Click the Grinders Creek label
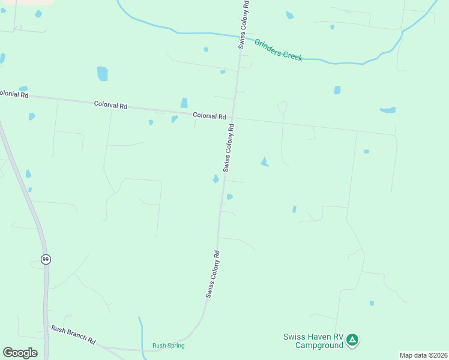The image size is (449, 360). pyautogui.click(x=278, y=50)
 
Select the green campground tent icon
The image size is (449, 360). pyautogui.click(x=353, y=340)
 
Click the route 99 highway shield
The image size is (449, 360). pyautogui.click(x=46, y=259)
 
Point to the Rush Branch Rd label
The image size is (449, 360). pyautogui.click(x=73, y=335)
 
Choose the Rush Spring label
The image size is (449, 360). pyautogui.click(x=168, y=346)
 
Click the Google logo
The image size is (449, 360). pyautogui.click(x=20, y=353)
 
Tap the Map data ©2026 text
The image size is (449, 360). pyautogui.click(x=423, y=355)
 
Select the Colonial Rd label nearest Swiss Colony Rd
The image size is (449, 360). pyautogui.click(x=209, y=116)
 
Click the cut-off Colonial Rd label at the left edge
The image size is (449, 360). pyautogui.click(x=14, y=94)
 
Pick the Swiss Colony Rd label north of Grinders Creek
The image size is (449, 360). pyautogui.click(x=243, y=24)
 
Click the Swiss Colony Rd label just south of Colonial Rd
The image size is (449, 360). pyautogui.click(x=228, y=148)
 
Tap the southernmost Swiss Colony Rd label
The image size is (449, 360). pyautogui.click(x=212, y=274)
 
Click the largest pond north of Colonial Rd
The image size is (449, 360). pyautogui.click(x=102, y=73)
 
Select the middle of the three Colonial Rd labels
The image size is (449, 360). pyautogui.click(x=110, y=105)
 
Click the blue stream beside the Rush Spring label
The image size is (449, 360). pyautogui.click(x=142, y=336)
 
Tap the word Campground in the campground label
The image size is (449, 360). pyautogui.click(x=319, y=345)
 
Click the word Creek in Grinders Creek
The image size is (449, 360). pyautogui.click(x=293, y=56)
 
